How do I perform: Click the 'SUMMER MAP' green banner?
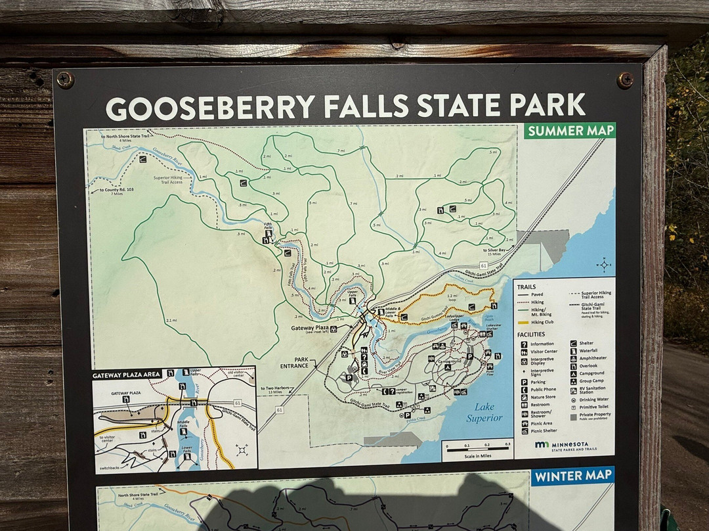[x=570, y=130]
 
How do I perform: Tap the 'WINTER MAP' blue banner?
[x=572, y=474]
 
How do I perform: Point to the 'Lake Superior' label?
[x=484, y=412]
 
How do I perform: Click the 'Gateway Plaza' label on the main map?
[x=309, y=327]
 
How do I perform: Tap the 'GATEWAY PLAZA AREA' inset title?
[x=127, y=374]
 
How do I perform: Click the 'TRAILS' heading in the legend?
[x=526, y=287]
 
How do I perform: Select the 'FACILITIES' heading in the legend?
[x=531, y=335]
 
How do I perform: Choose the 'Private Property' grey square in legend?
[x=573, y=416]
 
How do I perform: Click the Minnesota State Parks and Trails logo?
[x=566, y=446]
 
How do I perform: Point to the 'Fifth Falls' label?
[x=268, y=226]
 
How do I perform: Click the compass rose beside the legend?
[x=604, y=265]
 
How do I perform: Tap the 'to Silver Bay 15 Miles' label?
[x=495, y=252]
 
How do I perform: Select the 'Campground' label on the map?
[x=449, y=361]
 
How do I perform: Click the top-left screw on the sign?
[x=65, y=80]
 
